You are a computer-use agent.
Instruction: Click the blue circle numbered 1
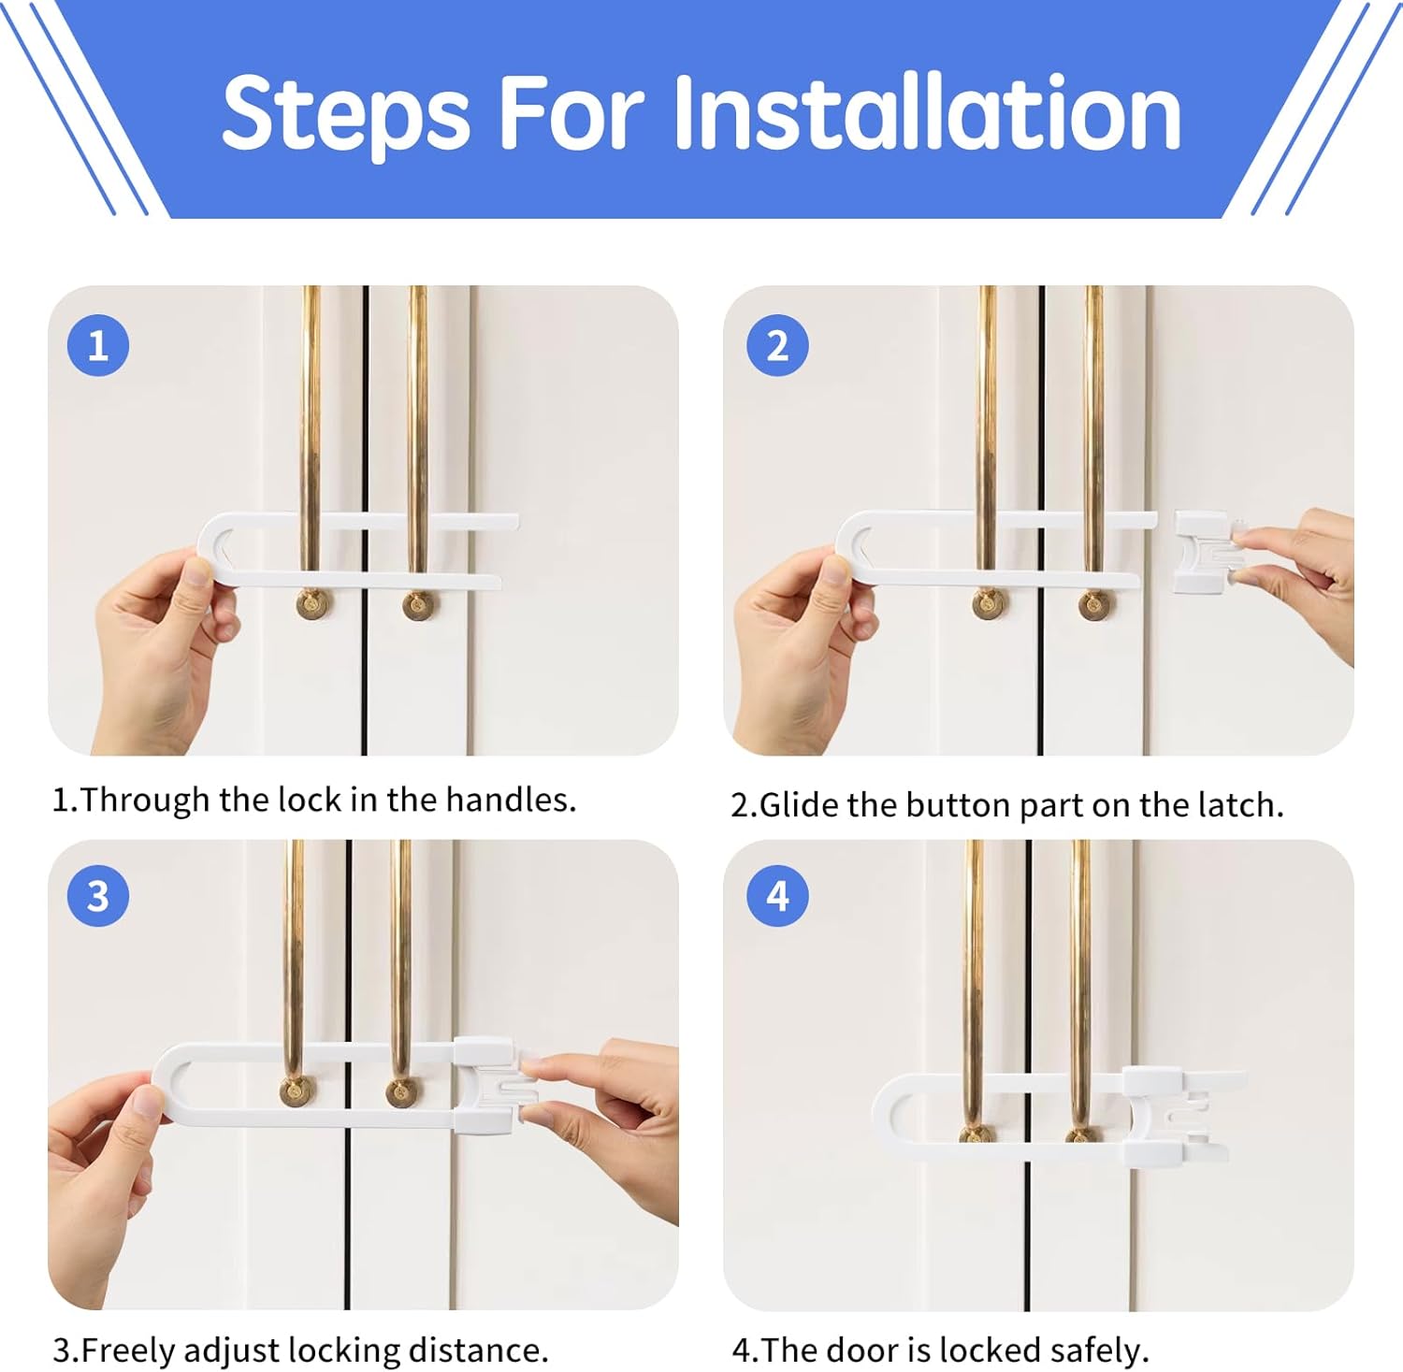click(98, 346)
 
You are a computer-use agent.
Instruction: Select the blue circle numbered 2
click(777, 346)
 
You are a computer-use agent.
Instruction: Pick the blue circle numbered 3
click(98, 896)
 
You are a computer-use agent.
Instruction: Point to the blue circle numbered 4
click(777, 896)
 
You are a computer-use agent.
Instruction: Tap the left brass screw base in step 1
click(314, 603)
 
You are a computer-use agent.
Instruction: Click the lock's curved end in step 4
click(885, 1119)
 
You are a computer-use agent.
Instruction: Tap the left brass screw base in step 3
click(297, 1090)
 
